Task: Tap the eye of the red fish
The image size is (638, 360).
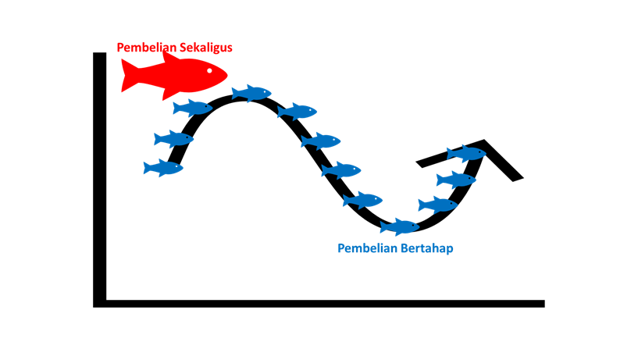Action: (209, 72)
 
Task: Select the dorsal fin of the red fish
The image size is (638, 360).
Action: (170, 57)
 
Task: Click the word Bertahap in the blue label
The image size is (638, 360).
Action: (427, 248)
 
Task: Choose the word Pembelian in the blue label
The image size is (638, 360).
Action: (365, 248)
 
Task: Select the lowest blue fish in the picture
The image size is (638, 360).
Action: (400, 227)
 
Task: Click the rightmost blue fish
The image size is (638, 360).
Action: (467, 154)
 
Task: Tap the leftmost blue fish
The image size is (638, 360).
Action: (163, 168)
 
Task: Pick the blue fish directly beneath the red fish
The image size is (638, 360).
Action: (193, 108)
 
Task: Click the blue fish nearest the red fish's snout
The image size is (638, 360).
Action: (251, 94)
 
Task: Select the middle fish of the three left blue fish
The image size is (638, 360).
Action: (174, 139)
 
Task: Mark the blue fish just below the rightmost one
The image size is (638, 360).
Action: (456, 180)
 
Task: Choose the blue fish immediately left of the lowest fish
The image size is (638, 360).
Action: (363, 201)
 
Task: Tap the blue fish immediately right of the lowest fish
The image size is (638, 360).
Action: (438, 205)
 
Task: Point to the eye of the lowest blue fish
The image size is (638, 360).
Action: (412, 225)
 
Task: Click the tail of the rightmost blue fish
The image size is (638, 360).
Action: (451, 154)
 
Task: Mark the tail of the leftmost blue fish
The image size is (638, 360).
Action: (147, 168)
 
